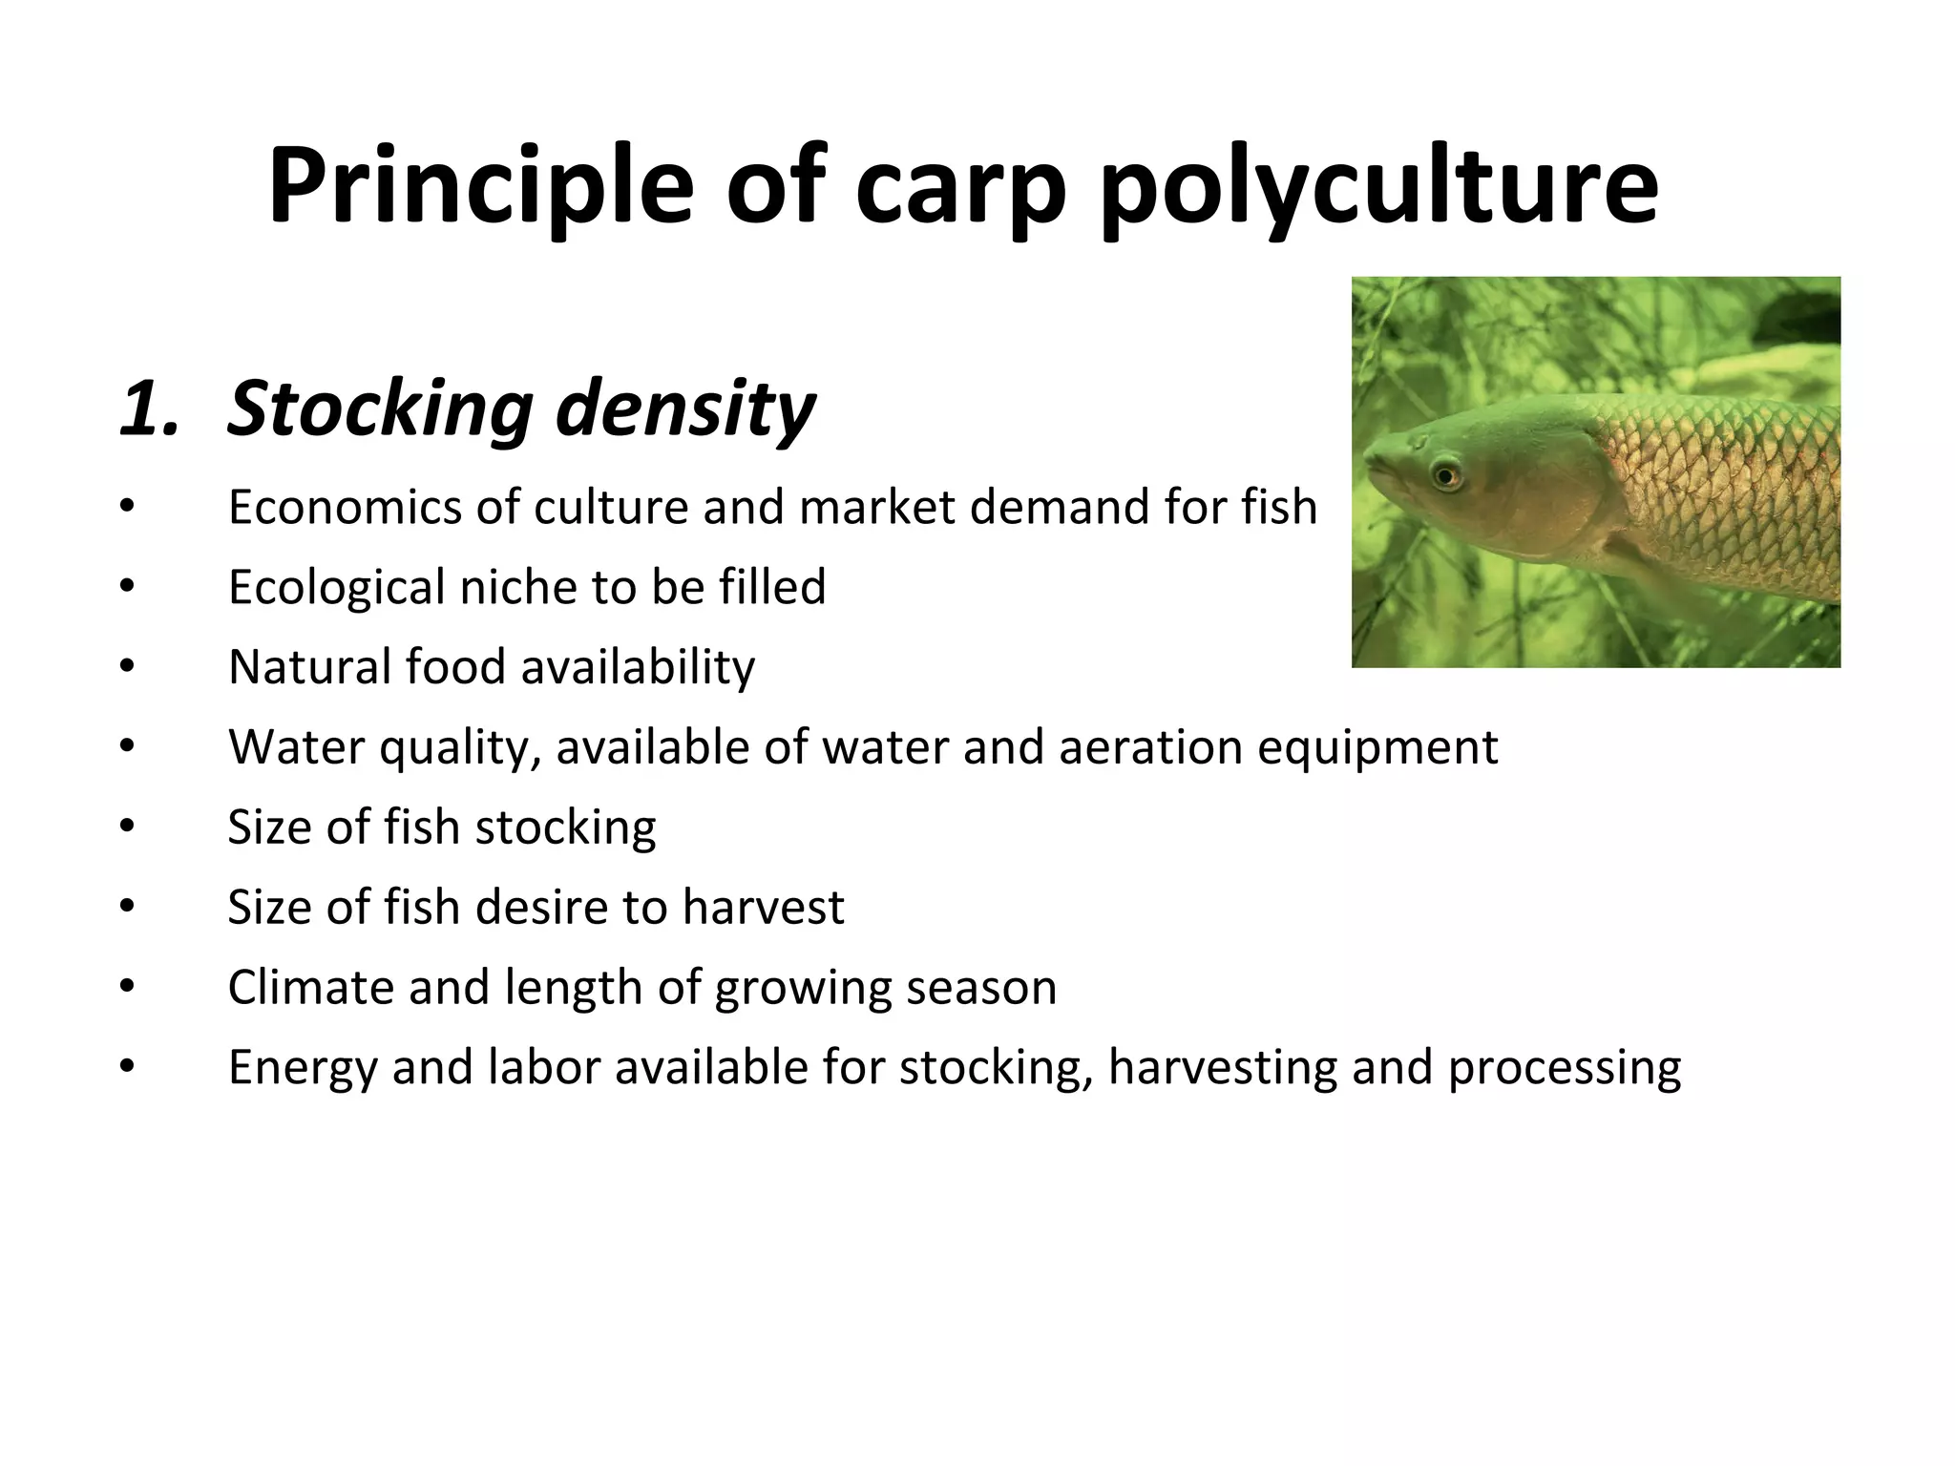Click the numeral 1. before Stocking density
150,408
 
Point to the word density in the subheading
685,408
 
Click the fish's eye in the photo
1446,474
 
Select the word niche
518,586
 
